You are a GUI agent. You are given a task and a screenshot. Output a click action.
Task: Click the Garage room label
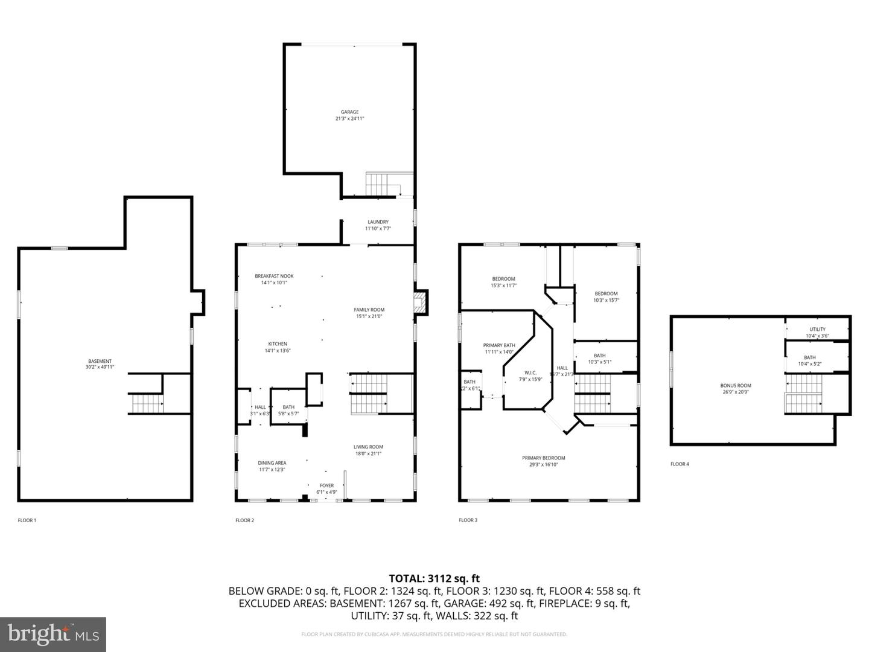pyautogui.click(x=349, y=112)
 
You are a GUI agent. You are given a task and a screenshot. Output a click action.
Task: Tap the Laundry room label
pyautogui.click(x=378, y=222)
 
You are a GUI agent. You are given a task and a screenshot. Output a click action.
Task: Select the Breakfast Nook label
pyautogui.click(x=274, y=276)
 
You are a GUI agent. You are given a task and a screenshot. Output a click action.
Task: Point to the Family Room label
pyautogui.click(x=369, y=310)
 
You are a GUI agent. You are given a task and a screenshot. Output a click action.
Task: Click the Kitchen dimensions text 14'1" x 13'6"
pyautogui.click(x=278, y=351)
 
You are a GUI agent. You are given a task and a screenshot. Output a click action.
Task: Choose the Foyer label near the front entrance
pyautogui.click(x=326, y=485)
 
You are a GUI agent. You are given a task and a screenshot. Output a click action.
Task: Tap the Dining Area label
pyautogui.click(x=272, y=463)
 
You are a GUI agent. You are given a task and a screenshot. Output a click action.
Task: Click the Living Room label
pyautogui.click(x=368, y=447)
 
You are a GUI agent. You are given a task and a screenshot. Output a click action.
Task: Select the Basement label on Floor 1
pyautogui.click(x=100, y=361)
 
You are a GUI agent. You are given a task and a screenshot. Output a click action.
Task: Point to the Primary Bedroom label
pyautogui.click(x=543, y=458)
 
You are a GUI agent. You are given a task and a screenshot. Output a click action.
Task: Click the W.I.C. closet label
pyautogui.click(x=530, y=372)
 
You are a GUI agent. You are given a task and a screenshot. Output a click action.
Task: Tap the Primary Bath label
pyautogui.click(x=498, y=345)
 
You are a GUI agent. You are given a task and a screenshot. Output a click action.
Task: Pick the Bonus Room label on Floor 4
pyautogui.click(x=736, y=385)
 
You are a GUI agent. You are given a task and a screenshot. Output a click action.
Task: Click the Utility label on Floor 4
pyautogui.click(x=818, y=329)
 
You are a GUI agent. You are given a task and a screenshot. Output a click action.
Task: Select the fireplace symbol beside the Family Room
pyautogui.click(x=420, y=302)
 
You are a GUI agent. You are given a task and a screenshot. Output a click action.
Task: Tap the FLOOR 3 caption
pyautogui.click(x=468, y=520)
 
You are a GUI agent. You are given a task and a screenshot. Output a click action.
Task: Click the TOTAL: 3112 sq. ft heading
pyautogui.click(x=434, y=578)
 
